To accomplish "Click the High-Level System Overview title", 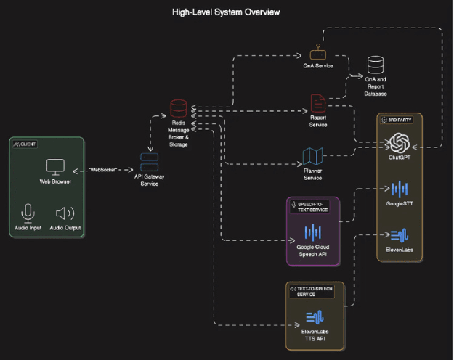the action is tap(226, 12).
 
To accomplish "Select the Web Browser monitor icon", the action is tap(55, 167).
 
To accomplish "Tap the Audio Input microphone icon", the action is tap(28, 213).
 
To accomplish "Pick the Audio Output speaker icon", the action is tap(65, 213).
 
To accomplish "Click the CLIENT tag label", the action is tap(25, 144).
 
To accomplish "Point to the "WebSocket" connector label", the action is tap(103, 170).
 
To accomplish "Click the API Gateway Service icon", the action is tap(149, 162).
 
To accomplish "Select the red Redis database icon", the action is tap(179, 108).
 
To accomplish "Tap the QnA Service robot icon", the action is tap(318, 52).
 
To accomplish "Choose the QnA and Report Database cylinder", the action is tap(376, 65).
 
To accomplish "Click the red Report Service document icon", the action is tap(318, 103).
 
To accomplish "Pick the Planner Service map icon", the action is tap(312, 156).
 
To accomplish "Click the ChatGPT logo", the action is tap(400, 143).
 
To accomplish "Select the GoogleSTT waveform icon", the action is tap(400, 189).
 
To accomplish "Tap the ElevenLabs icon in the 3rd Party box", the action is tap(400, 235).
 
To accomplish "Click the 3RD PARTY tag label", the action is tap(397, 120).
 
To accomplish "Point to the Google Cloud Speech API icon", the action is tap(312, 232).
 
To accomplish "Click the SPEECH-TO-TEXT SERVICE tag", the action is tap(309, 207).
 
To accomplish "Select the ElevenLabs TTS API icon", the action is tap(315, 317).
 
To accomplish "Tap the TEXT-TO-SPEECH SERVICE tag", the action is tap(312, 292).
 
